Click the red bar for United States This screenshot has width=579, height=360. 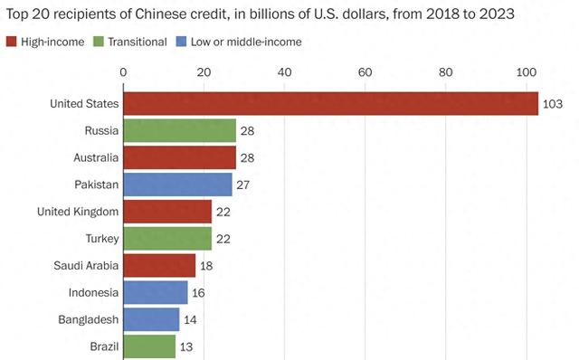[330, 104]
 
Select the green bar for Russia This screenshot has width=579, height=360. [179, 130]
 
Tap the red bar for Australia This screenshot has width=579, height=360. [179, 157]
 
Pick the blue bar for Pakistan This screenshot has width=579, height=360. [177, 185]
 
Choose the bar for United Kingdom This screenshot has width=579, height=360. [167, 212]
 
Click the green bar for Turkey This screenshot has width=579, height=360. [167, 238]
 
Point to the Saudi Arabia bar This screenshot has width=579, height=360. [159, 265]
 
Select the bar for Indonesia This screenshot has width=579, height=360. [155, 292]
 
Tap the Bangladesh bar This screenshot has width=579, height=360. [151, 319]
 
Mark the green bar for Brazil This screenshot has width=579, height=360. [149, 346]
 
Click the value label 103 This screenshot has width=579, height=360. [553, 104]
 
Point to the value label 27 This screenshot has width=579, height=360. [243, 185]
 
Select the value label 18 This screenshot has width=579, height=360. [207, 265]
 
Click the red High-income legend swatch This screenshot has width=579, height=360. [12, 42]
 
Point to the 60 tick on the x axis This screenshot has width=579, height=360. [365, 72]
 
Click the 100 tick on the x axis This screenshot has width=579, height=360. [526, 72]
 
